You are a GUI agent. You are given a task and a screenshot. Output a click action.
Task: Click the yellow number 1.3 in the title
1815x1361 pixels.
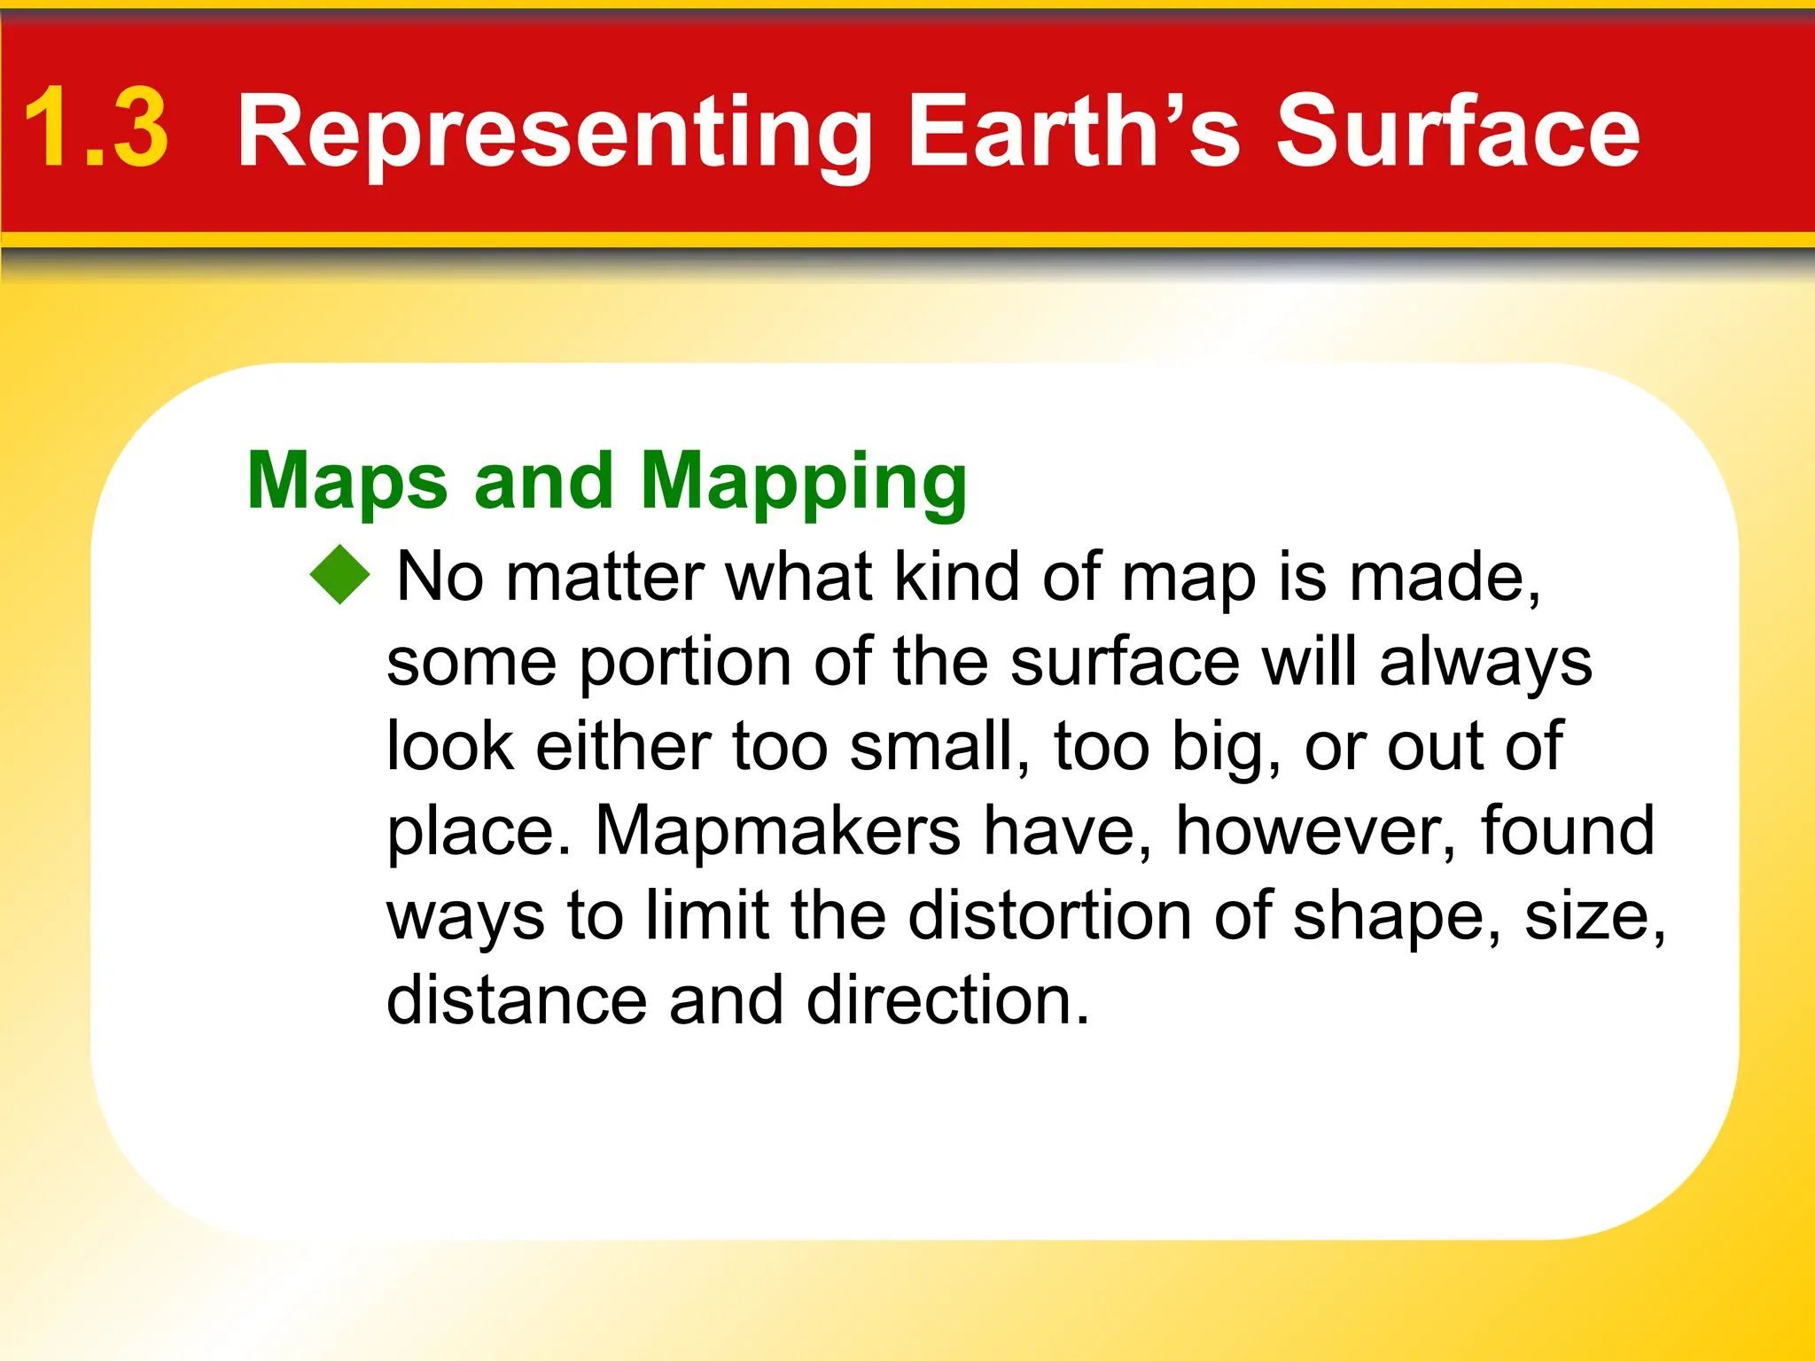96,129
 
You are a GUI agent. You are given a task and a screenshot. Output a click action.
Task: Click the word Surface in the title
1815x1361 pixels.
1457,131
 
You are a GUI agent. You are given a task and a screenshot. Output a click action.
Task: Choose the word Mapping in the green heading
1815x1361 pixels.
803,483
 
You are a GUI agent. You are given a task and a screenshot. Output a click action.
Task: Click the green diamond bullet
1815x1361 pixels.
339,575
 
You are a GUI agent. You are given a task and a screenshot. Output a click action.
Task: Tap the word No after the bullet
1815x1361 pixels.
440,577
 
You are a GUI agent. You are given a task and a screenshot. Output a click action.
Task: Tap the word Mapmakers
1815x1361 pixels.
777,831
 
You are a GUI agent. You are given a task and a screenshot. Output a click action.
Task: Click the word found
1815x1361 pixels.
1567,830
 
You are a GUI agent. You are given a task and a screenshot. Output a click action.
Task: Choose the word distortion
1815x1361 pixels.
1049,915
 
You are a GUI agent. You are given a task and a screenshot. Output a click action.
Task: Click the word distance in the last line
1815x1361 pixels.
517,1000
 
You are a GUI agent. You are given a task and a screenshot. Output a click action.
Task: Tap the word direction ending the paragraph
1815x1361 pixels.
946,1000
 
